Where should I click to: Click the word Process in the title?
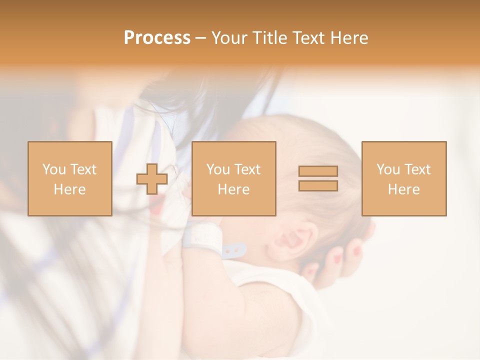(157, 37)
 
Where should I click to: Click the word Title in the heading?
(270, 37)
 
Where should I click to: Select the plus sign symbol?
(152, 179)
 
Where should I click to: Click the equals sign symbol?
(318, 178)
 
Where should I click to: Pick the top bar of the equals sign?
(318, 171)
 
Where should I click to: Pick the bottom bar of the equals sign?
(318, 185)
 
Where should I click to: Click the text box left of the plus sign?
(69, 178)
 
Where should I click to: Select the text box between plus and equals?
(233, 178)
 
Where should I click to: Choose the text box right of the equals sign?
(403, 178)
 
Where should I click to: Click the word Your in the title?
(229, 37)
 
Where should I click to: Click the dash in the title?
(201, 38)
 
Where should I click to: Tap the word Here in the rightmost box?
(403, 189)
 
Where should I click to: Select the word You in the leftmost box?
(54, 169)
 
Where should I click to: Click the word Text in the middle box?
(247, 169)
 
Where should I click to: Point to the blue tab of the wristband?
(233, 250)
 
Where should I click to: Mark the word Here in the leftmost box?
(69, 189)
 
